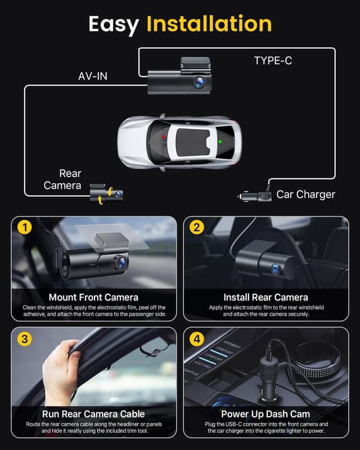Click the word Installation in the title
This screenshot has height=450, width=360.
[209, 24]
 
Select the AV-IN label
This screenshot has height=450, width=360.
[93, 76]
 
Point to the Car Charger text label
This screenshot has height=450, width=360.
[305, 195]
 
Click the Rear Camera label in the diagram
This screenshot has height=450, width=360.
[62, 179]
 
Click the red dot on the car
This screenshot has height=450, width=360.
[164, 137]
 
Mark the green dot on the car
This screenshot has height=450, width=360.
[220, 142]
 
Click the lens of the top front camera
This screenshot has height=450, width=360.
[199, 82]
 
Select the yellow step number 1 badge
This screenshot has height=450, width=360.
[23, 228]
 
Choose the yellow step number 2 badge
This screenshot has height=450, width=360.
[196, 228]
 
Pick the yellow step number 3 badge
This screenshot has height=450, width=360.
[23, 339]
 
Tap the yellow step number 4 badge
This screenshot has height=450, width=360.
[196, 339]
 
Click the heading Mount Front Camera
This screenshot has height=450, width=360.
[93, 297]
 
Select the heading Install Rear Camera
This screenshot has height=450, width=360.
[266, 297]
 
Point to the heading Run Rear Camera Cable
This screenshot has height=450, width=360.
[93, 414]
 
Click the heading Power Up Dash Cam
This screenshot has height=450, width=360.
[266, 414]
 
